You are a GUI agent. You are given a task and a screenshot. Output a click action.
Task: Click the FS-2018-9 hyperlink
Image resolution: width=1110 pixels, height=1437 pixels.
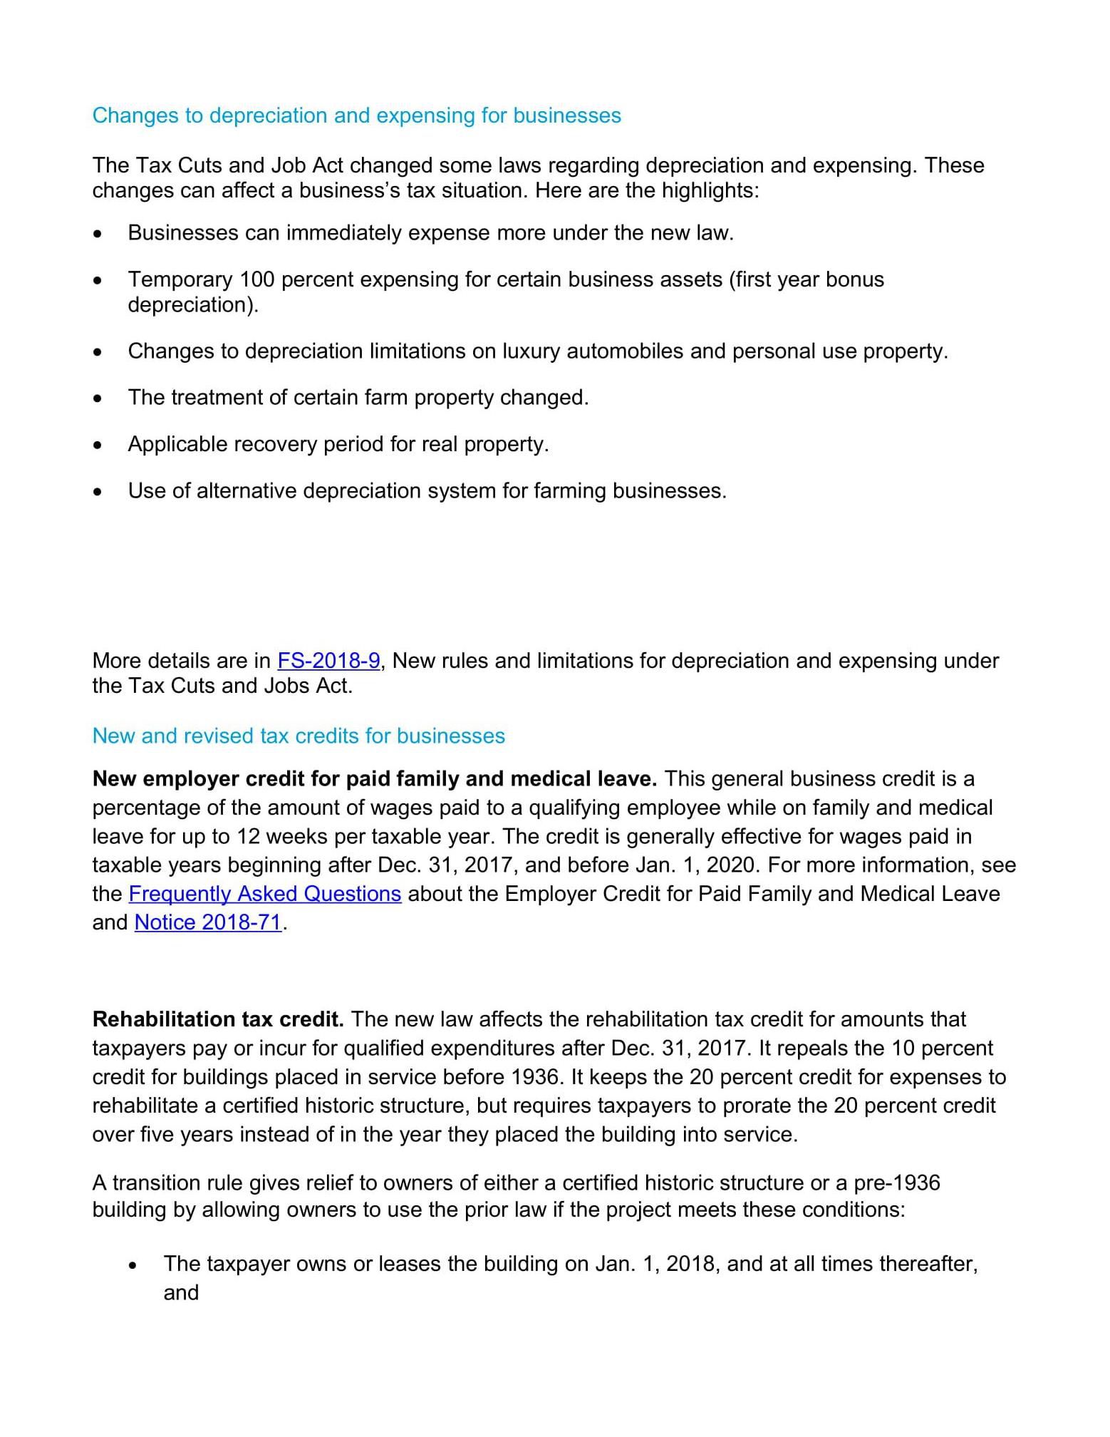pos(328,661)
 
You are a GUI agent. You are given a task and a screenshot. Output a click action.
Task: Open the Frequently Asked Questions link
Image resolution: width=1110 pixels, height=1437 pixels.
pos(265,894)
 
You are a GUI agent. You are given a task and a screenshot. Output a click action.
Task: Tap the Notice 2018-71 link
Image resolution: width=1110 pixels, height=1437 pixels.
pos(208,922)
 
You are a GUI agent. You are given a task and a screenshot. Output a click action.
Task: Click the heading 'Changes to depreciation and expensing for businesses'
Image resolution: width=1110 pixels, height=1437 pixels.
pos(356,115)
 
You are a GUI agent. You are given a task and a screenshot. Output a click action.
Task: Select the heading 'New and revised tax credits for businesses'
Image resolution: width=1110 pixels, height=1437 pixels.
pos(299,736)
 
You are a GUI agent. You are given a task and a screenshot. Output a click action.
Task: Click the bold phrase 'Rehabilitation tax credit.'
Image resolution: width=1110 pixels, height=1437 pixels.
pos(218,1019)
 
